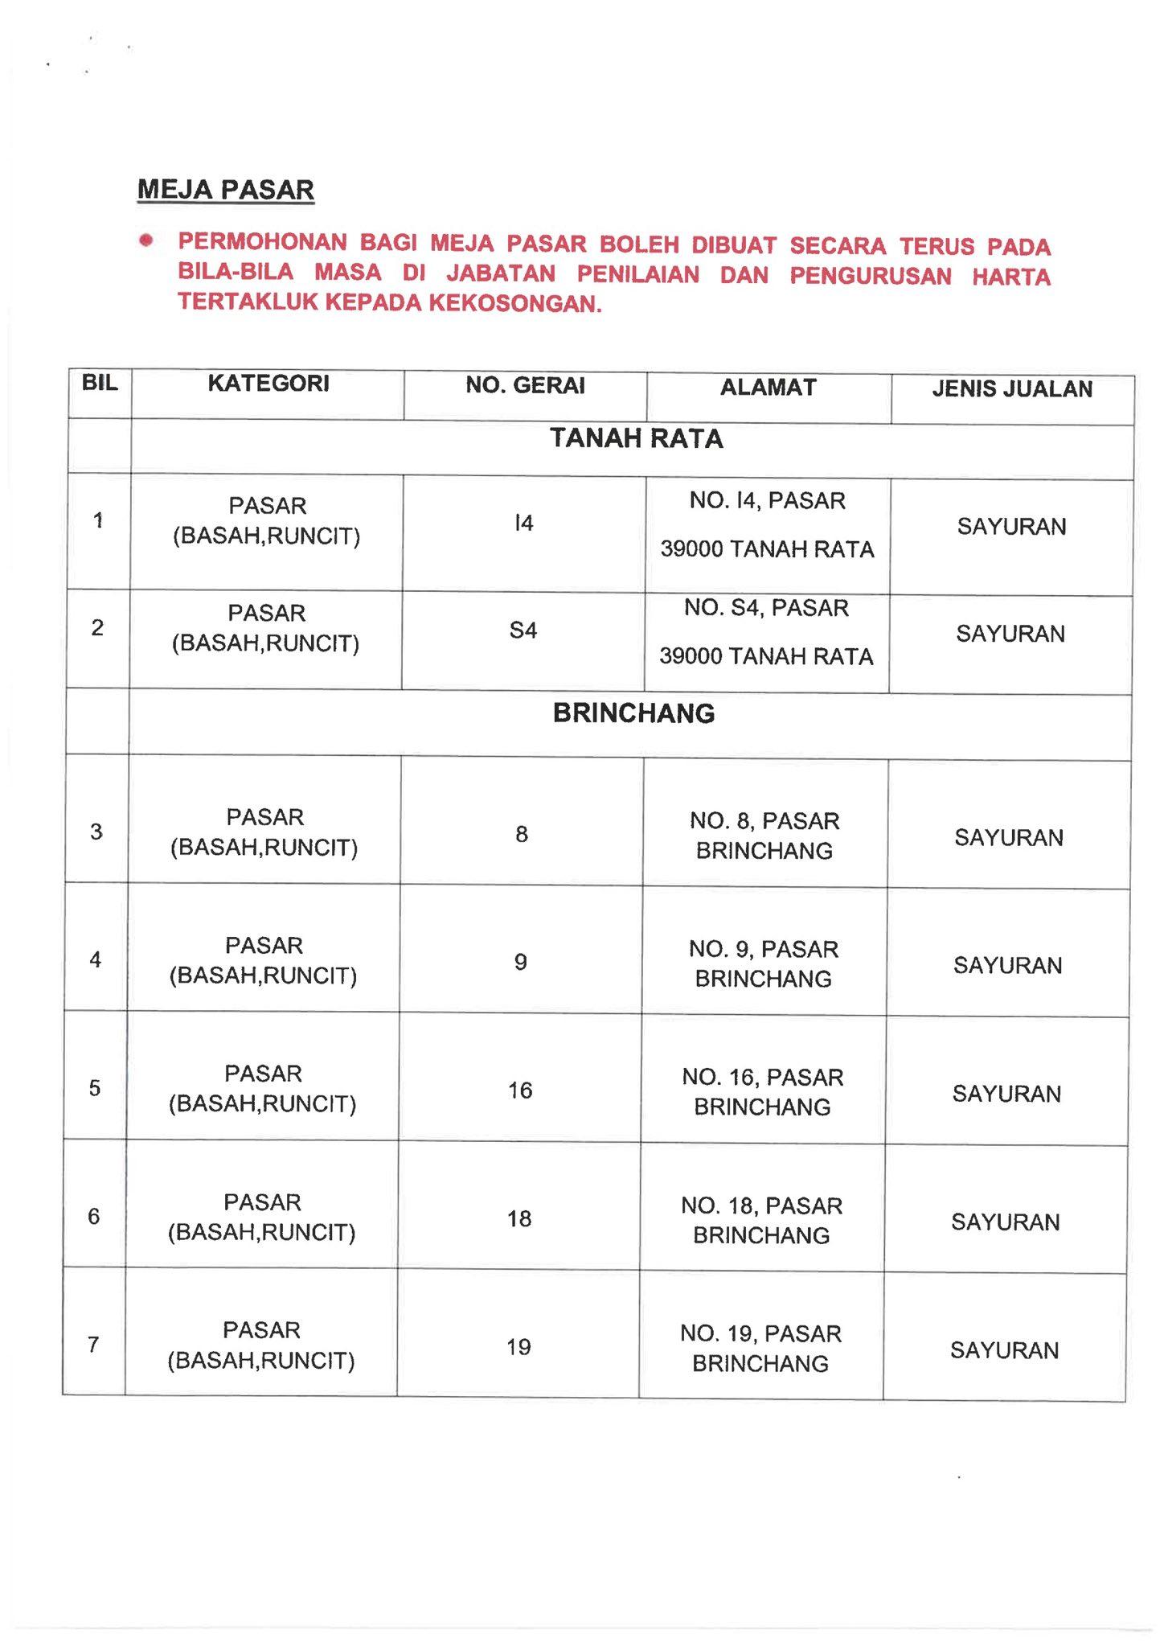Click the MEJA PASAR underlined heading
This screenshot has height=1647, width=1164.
(226, 191)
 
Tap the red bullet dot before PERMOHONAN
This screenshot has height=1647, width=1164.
(145, 240)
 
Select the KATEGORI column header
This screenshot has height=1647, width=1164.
(268, 384)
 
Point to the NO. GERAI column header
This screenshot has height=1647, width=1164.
(525, 386)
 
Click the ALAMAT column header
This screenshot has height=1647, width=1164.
(768, 388)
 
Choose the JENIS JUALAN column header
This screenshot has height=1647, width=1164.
(1012, 389)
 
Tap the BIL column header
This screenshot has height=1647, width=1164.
(100, 383)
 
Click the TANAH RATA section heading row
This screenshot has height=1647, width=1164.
(636, 439)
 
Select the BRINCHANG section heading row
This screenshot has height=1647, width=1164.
(633, 714)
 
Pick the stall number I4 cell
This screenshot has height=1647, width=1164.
(523, 524)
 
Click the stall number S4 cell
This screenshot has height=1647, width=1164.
(523, 630)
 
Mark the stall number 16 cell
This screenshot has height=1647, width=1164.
(520, 1090)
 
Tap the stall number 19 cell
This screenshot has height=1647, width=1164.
(518, 1347)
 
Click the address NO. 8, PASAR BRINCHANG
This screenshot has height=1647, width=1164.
(764, 836)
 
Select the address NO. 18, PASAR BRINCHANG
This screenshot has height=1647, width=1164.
(761, 1220)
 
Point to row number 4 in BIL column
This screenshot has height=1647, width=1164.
(96, 959)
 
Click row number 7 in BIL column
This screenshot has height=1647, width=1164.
(93, 1344)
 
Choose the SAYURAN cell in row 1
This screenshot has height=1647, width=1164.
(1011, 527)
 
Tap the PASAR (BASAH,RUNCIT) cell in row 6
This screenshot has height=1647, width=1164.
(262, 1218)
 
